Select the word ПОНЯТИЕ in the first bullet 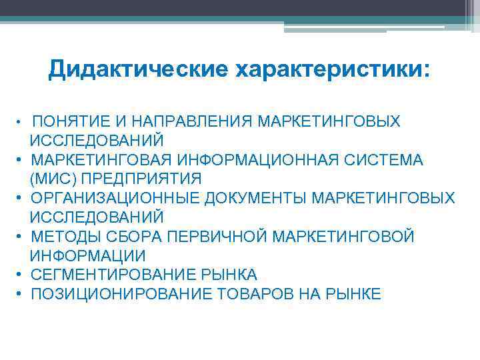tap(65, 121)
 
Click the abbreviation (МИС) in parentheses tap(47, 179)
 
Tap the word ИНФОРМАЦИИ tap(87, 256)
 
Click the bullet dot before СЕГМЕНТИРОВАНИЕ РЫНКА tap(22, 275)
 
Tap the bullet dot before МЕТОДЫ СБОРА tap(22, 237)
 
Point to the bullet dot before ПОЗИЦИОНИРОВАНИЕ tap(22, 294)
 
